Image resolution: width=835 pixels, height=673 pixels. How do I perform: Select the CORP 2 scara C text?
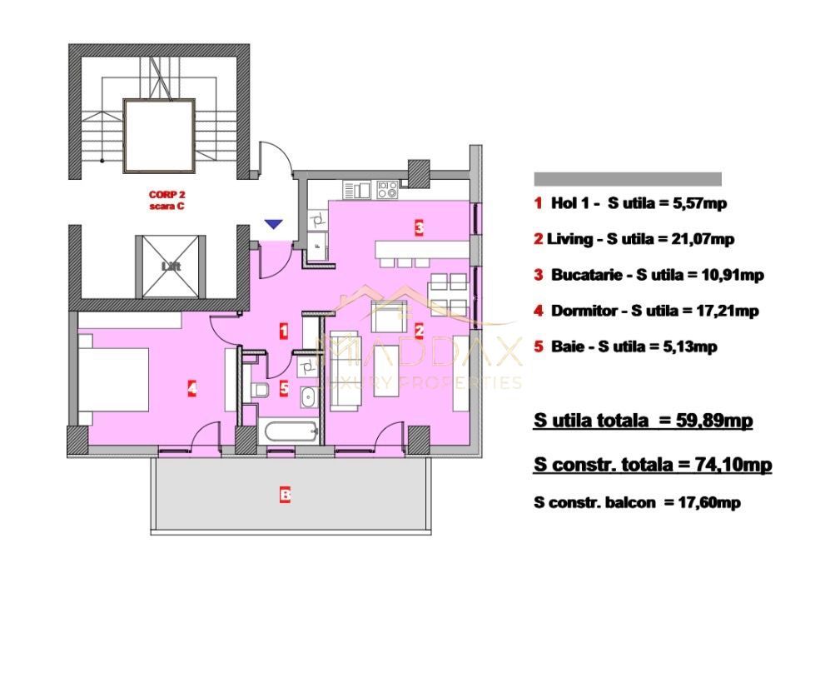click(167, 200)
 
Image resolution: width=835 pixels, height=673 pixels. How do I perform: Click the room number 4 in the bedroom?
click(191, 387)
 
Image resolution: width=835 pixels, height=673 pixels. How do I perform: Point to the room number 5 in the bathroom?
click(284, 388)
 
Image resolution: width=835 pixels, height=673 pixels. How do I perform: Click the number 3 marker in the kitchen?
click(420, 227)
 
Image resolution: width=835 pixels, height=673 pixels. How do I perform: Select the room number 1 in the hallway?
click(284, 332)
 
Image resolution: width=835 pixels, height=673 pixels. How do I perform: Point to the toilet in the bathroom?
click(259, 390)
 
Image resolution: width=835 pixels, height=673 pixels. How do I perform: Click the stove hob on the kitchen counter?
click(387, 190)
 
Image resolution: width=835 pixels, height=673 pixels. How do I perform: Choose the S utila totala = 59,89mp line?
click(643, 421)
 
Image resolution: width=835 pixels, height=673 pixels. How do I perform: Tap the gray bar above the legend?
click(627, 179)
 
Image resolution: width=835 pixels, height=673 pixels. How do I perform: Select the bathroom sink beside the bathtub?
click(307, 396)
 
